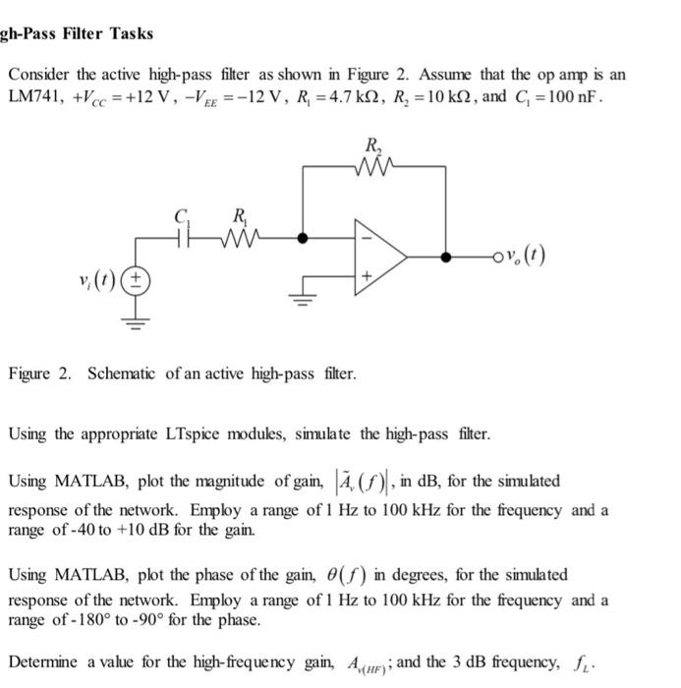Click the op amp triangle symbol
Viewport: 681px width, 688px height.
click(x=379, y=258)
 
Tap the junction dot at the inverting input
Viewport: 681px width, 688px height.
click(x=303, y=237)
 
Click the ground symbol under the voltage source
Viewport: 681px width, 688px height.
click(x=138, y=317)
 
